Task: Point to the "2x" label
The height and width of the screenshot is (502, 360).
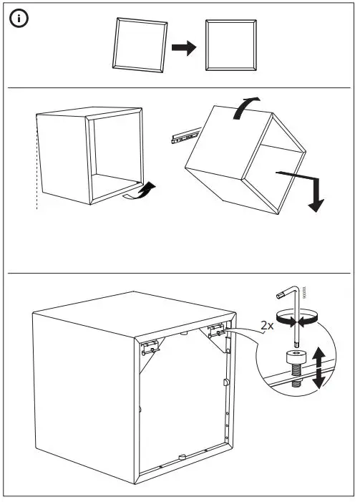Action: coord(268,326)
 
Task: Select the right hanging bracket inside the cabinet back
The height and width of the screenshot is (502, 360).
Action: coord(217,330)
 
